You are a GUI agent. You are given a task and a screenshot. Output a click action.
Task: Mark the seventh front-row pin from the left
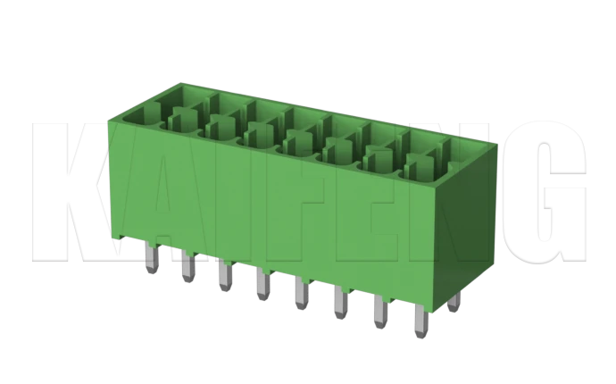[381, 313]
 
